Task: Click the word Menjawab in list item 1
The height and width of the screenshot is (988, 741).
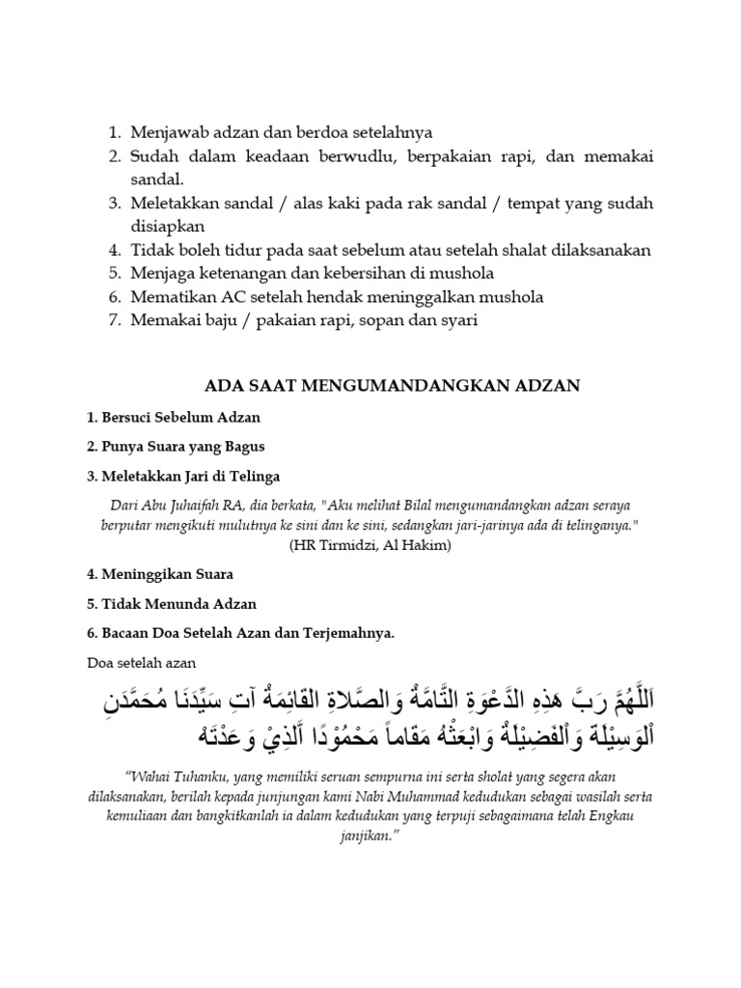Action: pyautogui.click(x=166, y=132)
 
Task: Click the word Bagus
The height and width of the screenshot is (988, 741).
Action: pyautogui.click(x=243, y=447)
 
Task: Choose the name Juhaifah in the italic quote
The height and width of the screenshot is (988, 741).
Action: pyautogui.click(x=229, y=506)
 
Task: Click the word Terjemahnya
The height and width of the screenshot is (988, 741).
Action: pyautogui.click(x=349, y=633)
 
